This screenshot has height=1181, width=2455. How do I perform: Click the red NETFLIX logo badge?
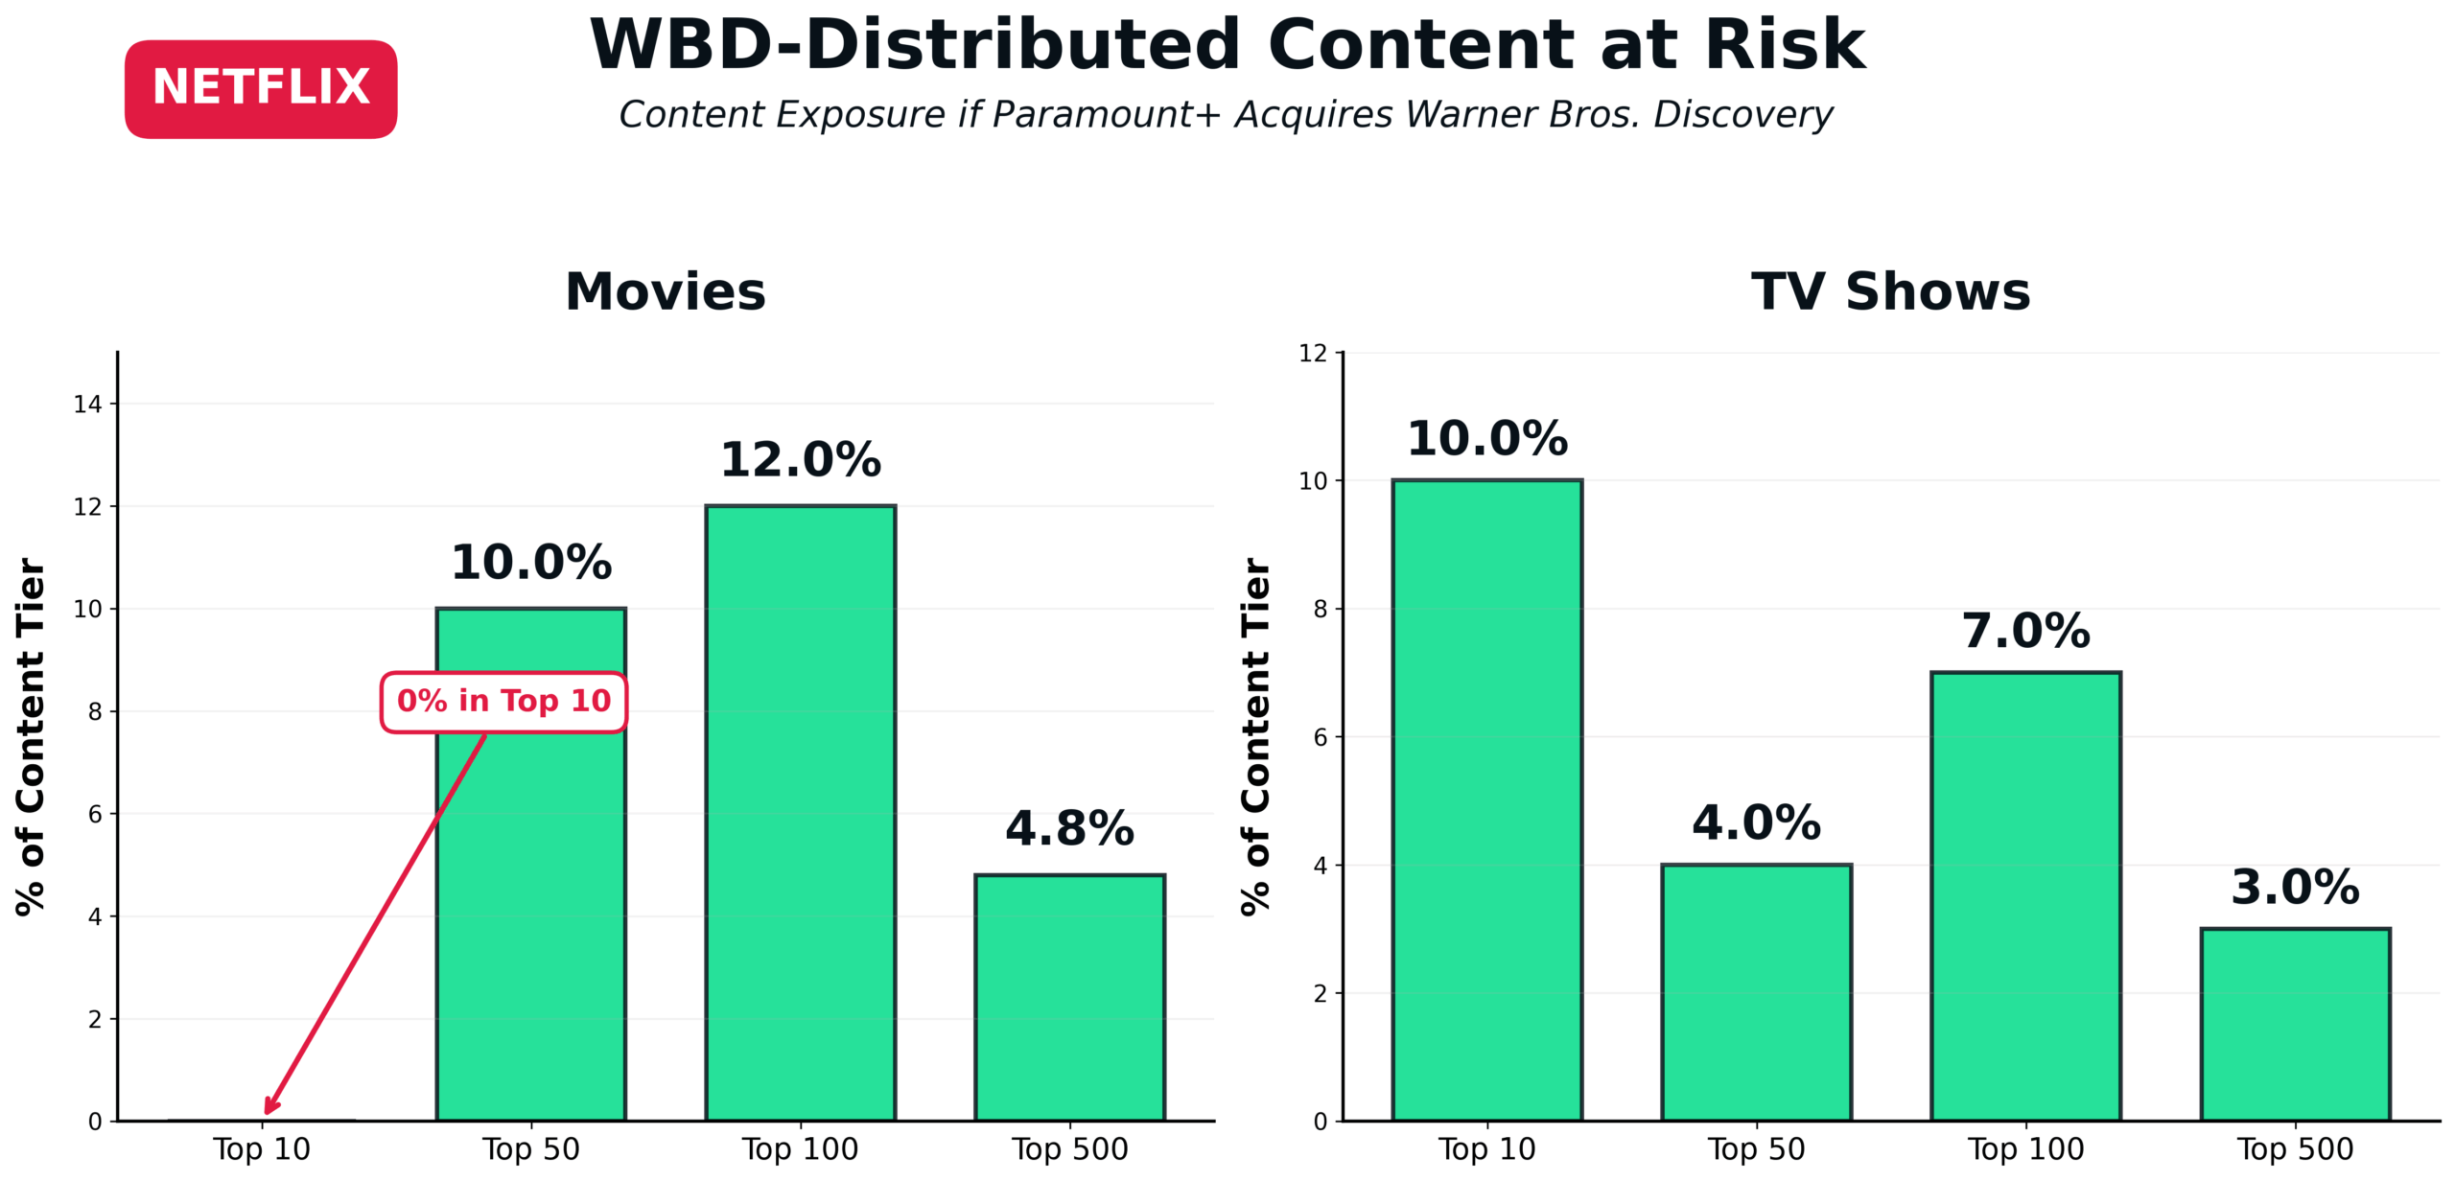(x=261, y=88)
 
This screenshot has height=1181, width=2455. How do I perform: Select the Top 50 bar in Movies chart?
(x=531, y=911)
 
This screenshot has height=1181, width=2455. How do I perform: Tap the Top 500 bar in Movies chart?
(x=1070, y=997)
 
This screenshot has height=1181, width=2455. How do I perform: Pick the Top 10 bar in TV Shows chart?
(x=1487, y=800)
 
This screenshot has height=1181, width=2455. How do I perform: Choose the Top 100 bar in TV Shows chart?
(x=2026, y=896)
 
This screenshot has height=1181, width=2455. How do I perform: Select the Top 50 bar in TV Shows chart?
(x=1757, y=992)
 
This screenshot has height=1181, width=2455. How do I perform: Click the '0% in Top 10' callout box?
(x=503, y=702)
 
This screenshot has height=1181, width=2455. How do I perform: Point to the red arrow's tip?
(x=268, y=1112)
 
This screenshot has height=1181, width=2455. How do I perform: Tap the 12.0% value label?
(x=801, y=460)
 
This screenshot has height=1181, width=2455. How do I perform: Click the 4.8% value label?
(x=1070, y=829)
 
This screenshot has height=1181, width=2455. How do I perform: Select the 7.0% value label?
(x=2026, y=632)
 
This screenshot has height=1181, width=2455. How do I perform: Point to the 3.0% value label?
(x=2296, y=888)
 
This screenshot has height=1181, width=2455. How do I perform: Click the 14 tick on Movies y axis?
(x=87, y=405)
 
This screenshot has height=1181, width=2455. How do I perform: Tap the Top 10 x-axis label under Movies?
(x=262, y=1148)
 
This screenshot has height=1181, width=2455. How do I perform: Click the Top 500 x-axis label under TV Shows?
(x=2296, y=1148)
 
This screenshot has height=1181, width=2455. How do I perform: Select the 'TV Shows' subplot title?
(x=1891, y=291)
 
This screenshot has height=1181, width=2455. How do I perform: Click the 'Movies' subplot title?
(x=666, y=291)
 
